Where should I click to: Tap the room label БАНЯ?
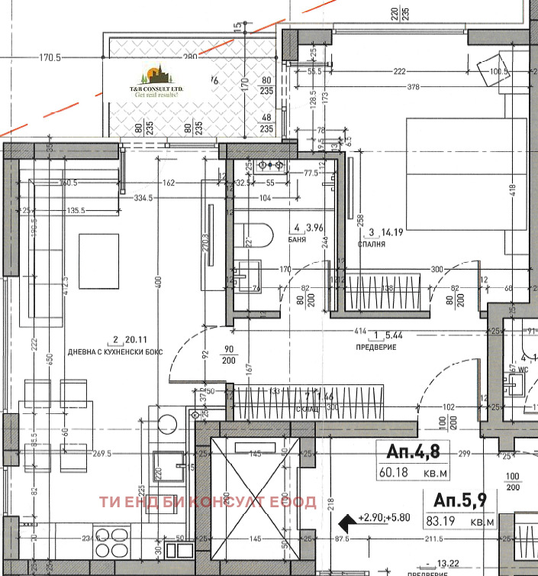[298, 239]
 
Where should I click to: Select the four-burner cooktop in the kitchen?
[113, 542]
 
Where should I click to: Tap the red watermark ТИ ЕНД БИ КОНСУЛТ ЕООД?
[208, 502]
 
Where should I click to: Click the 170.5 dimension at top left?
[50, 57]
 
